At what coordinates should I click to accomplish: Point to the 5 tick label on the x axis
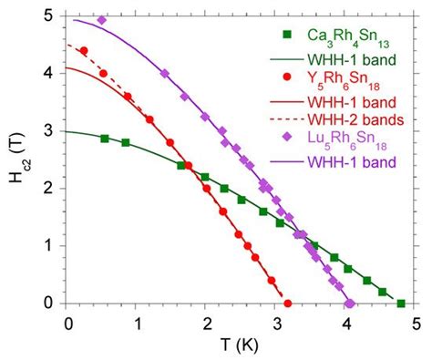click(x=416, y=322)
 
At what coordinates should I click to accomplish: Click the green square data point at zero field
click(x=401, y=303)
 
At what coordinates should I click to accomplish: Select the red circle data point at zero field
click(x=288, y=303)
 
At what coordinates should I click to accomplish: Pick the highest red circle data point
click(x=84, y=51)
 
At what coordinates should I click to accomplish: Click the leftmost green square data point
click(x=105, y=139)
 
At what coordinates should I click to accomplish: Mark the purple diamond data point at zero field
click(x=350, y=303)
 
